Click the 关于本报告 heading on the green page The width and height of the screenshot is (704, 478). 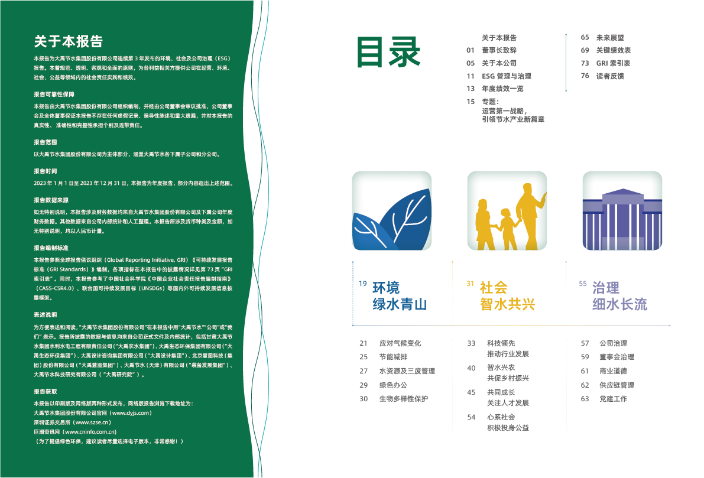(68, 41)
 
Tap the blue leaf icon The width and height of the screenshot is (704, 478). (392, 211)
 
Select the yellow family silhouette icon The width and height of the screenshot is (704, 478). (507, 211)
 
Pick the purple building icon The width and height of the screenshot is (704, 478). (622, 211)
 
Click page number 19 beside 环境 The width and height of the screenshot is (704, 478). (363, 284)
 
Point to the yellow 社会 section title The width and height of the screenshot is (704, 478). (494, 287)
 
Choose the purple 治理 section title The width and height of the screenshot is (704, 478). (606, 287)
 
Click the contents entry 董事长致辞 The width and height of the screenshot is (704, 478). (499, 50)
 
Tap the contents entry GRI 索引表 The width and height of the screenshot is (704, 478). (614, 63)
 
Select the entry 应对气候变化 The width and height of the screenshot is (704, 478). (400, 343)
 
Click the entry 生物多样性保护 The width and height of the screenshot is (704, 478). (404, 399)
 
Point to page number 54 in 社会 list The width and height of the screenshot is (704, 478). (471, 417)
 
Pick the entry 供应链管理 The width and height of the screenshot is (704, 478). (617, 385)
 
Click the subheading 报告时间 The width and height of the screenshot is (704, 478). (46, 171)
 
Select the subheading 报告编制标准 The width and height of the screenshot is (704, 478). (51, 248)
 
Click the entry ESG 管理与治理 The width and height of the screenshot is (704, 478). (507, 76)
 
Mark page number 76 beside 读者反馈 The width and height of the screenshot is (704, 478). (585, 76)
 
